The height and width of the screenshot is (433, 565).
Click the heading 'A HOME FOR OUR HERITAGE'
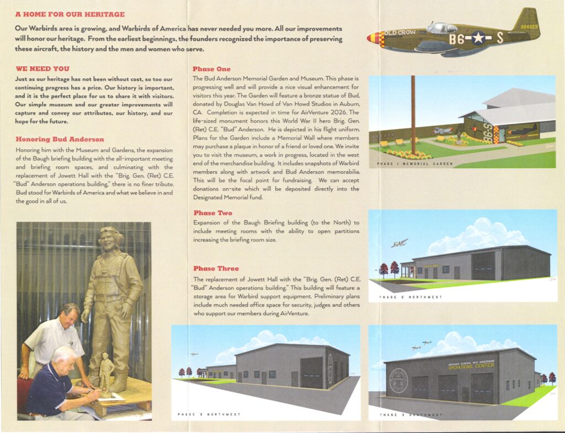(70, 14)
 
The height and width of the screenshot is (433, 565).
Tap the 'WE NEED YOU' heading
(42, 69)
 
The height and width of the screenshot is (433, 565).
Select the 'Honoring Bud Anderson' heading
(56, 139)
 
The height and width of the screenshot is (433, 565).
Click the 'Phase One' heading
(211, 69)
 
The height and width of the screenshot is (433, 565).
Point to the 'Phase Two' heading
(212, 213)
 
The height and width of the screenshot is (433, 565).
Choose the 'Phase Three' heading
(216, 268)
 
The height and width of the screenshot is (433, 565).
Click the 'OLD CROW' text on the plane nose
(400, 33)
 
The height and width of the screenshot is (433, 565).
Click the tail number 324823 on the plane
(529, 26)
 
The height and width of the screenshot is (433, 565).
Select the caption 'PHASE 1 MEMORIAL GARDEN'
(414, 164)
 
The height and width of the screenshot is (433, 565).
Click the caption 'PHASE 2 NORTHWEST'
(411, 297)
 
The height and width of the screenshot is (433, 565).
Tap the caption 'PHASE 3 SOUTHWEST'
(411, 414)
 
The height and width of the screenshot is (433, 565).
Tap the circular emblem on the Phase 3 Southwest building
(398, 380)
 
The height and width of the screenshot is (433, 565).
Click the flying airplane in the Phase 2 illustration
(399, 242)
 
